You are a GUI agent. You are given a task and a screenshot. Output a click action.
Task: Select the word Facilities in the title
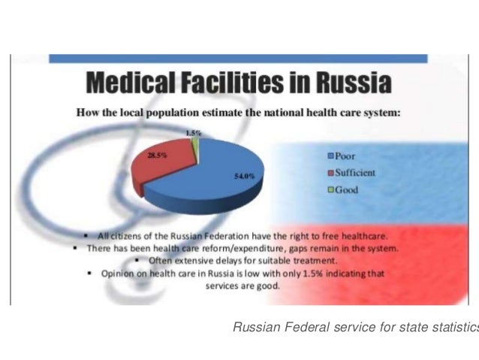(239, 82)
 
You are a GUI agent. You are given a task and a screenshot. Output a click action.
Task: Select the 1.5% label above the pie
(194, 133)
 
